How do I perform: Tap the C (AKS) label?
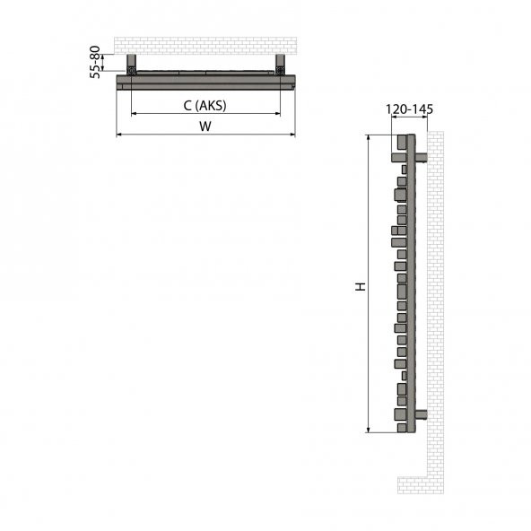tap(205, 106)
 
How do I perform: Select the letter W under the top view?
tap(205, 127)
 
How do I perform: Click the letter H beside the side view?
tap(360, 287)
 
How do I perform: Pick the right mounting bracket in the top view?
tap(280, 65)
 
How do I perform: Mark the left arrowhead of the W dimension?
tap(120, 135)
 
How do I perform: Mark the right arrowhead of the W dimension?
tap(292, 135)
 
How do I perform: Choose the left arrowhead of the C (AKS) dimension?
tap(135, 114)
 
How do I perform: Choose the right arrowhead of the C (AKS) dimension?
tap(277, 114)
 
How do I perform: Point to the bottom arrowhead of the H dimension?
tap(369, 430)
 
